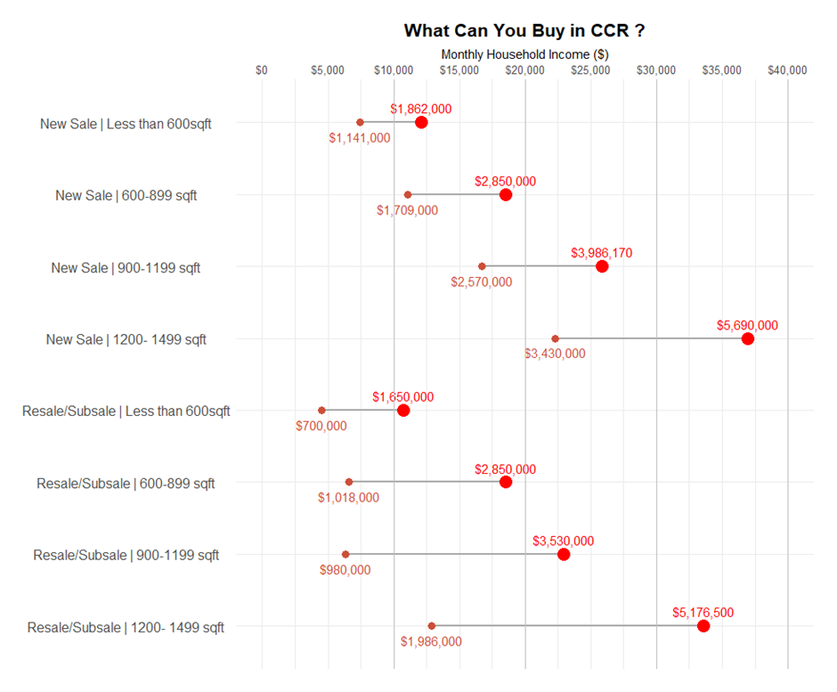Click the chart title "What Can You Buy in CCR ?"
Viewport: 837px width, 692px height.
(524, 30)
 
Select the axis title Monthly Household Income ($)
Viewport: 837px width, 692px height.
(524, 54)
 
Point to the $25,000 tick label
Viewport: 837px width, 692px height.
(590, 70)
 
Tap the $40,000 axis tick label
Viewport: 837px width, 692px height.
(787, 70)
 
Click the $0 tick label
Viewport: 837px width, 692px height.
(262, 70)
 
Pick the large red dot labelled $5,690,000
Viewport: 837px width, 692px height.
(748, 338)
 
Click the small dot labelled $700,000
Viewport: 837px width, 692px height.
(321, 411)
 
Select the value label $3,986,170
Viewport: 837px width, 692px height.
(602, 253)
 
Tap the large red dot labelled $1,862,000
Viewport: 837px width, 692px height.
(421, 122)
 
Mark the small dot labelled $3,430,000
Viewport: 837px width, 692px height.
(556, 338)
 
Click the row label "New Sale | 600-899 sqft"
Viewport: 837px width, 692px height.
(126, 196)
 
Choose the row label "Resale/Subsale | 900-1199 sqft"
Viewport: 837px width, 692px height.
(126, 556)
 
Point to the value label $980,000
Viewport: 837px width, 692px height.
(345, 570)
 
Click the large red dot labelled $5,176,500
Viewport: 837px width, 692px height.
(703, 626)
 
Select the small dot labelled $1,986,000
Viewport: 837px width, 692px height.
(432, 626)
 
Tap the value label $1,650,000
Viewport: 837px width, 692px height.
(403, 397)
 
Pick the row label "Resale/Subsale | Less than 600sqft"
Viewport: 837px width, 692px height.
(126, 411)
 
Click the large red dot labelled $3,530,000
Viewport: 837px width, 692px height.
(564, 554)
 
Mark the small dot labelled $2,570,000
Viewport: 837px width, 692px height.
(482, 266)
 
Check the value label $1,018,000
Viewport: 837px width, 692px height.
(349, 498)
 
